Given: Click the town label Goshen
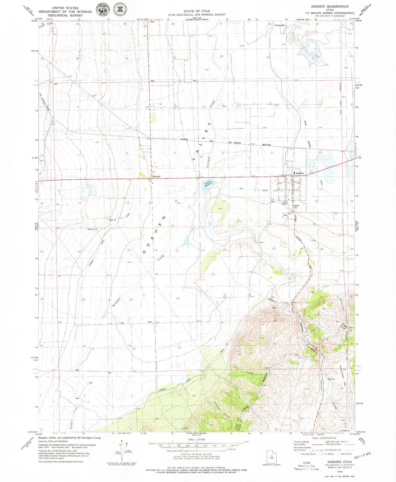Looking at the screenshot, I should pyautogui.click(x=300, y=173).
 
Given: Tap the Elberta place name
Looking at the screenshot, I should pyautogui.click(x=157, y=176).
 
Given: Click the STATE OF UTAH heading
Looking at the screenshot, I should pyautogui.click(x=197, y=11).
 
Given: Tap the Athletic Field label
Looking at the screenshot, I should pyautogui.click(x=297, y=206).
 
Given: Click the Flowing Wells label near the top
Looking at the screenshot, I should pyautogui.click(x=280, y=25).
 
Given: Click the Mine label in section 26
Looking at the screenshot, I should pyautogui.click(x=274, y=308).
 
